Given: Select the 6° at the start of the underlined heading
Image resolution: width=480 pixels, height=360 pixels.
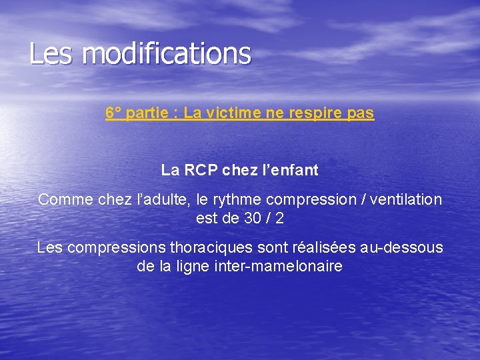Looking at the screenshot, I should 113,113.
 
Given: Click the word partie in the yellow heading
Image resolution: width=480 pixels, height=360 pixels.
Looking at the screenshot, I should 147,113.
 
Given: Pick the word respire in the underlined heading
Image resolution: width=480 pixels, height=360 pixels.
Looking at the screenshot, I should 315,113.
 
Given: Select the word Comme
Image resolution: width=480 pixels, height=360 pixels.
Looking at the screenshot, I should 59,199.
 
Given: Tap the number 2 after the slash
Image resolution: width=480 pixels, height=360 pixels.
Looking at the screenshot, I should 279,218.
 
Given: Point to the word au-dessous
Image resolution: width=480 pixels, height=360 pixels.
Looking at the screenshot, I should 401,248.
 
